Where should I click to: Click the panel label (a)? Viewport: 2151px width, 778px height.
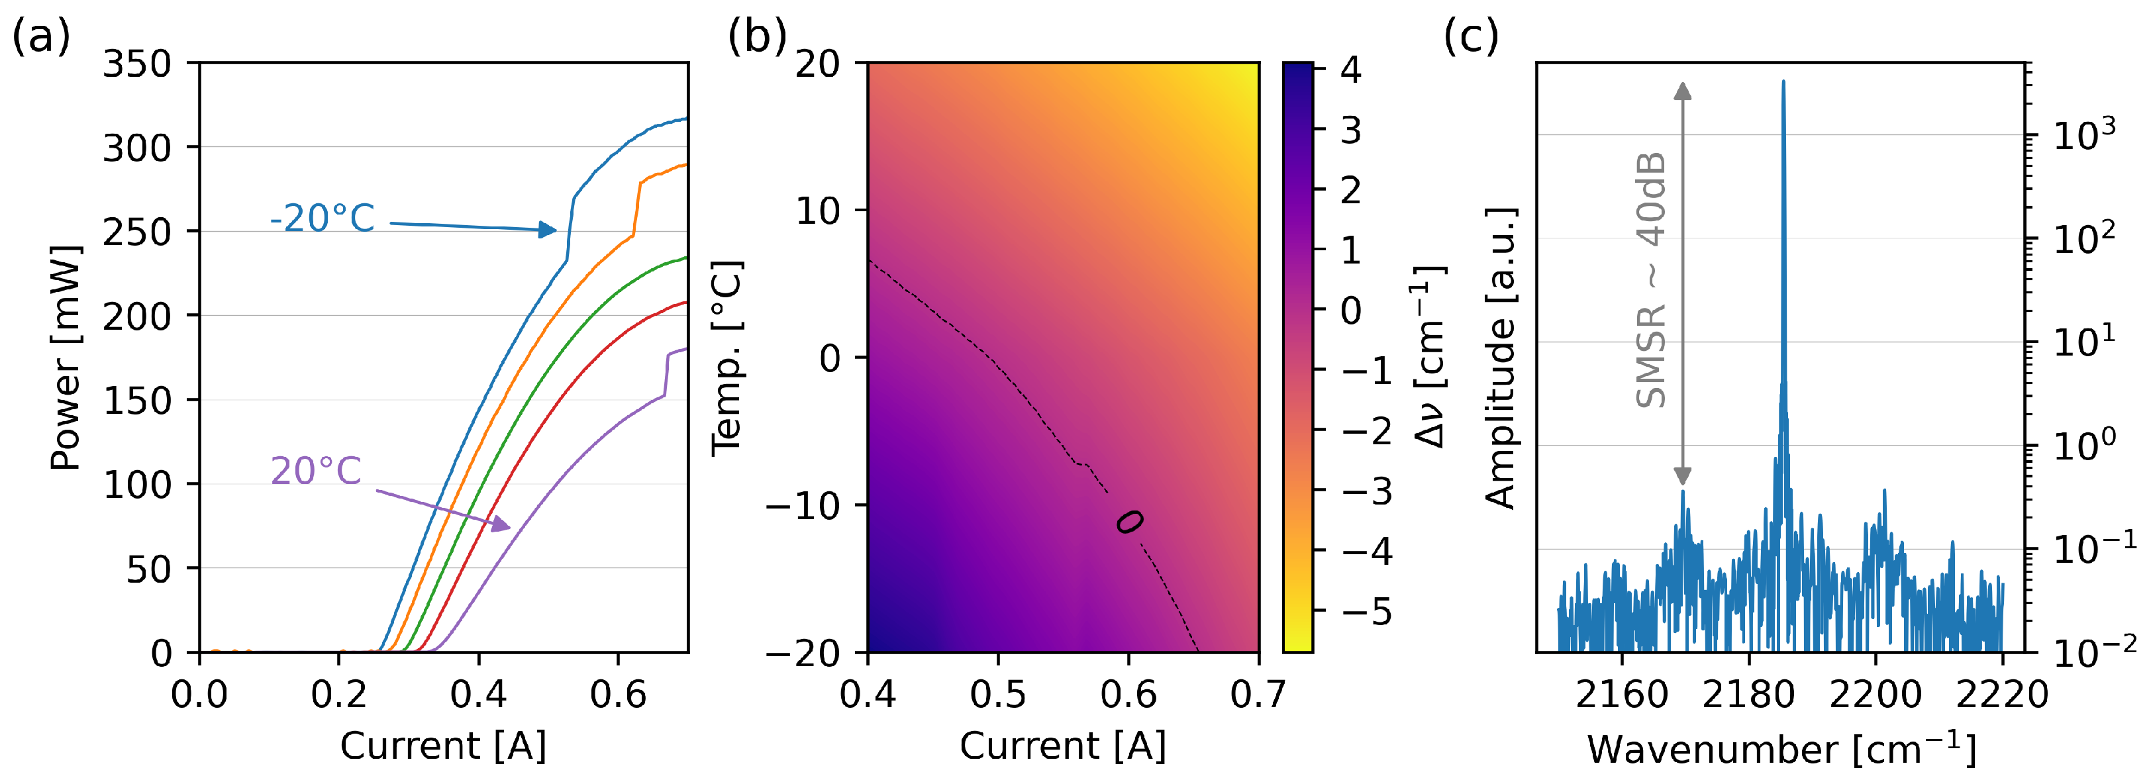pyautogui.click(x=40, y=38)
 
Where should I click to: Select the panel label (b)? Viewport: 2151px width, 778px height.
pyautogui.click(x=756, y=38)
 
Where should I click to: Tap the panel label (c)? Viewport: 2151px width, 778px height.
pyautogui.click(x=1472, y=38)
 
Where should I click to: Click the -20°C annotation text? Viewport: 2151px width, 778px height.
pyautogui.click(x=323, y=219)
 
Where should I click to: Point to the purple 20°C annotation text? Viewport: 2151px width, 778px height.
pyautogui.click(x=316, y=471)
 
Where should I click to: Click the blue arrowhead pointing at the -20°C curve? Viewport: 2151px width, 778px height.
pyautogui.click(x=548, y=230)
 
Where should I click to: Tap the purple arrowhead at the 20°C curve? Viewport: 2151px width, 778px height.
pyautogui.click(x=501, y=524)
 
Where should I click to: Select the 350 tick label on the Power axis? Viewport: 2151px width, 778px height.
pyautogui.click(x=137, y=64)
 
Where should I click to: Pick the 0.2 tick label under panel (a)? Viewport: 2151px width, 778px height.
pyautogui.click(x=338, y=695)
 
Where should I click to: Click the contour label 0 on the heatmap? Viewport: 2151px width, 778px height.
pyautogui.click(x=1130, y=522)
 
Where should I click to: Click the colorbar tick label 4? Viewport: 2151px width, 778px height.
pyautogui.click(x=1350, y=70)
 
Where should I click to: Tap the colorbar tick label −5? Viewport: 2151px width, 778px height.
pyautogui.click(x=1367, y=612)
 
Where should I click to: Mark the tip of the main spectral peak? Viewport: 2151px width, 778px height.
pyautogui.click(x=1783, y=82)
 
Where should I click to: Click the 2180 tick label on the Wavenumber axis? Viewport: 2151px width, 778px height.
pyautogui.click(x=1748, y=695)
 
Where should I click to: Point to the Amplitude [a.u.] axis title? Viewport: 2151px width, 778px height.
pyautogui.click(x=1501, y=359)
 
